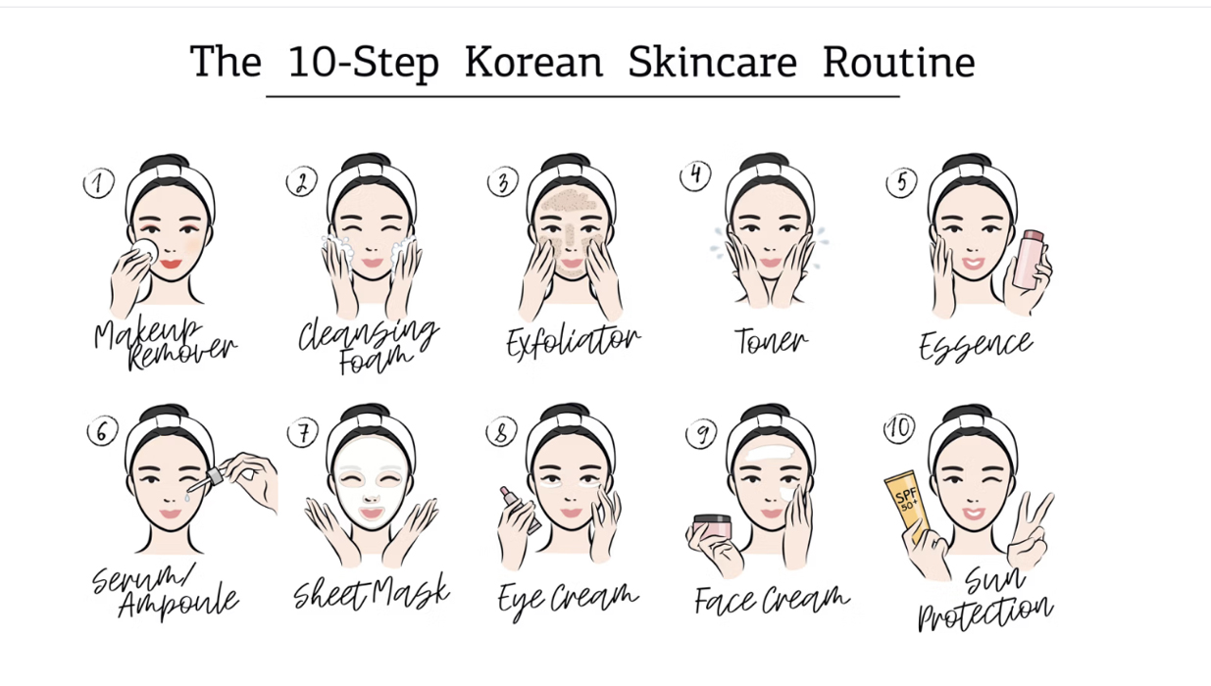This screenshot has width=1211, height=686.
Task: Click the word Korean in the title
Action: click(533, 62)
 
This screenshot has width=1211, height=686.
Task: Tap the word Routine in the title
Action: click(898, 62)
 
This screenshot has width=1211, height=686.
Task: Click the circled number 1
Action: click(98, 183)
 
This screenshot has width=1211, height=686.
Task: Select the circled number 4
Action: click(695, 175)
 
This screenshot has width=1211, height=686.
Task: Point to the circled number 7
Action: click(303, 432)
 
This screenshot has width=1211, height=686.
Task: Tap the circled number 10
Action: click(899, 429)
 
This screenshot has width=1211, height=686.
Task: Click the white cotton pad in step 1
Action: click(144, 251)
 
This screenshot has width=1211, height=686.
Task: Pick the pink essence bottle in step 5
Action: click(1029, 260)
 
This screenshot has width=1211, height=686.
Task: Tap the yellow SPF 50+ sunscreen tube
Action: click(906, 505)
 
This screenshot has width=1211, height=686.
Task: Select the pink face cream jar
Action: click(713, 526)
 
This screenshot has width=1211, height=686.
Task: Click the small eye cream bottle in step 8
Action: click(519, 509)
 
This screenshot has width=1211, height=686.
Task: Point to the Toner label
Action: click(771, 340)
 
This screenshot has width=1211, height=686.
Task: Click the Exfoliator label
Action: click(573, 342)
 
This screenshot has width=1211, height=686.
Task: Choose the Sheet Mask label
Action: click(372, 592)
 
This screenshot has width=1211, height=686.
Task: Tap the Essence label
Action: click(976, 345)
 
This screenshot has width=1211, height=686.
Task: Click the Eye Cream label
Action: click(568, 600)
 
